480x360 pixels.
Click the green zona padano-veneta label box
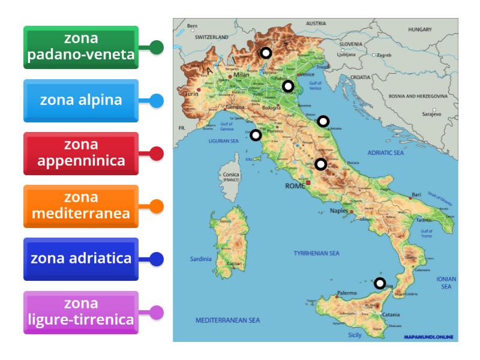[81, 47]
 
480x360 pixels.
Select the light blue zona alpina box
[81, 100]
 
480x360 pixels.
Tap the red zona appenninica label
[81, 153]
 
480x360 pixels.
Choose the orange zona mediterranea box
[81, 206]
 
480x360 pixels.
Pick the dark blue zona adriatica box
[81, 259]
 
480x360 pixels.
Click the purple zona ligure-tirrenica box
[81, 312]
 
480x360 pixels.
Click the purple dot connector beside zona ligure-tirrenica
[156, 312]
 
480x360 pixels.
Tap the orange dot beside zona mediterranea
[156, 206]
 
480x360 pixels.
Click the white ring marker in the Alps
[265, 53]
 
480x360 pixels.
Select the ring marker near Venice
[288, 86]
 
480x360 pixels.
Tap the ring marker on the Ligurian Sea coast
[256, 135]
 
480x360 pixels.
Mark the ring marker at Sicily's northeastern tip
[380, 283]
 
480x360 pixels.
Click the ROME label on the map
[295, 187]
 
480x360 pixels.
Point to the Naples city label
[338, 212]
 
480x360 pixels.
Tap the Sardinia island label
[202, 259]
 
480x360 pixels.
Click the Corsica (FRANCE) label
[230, 177]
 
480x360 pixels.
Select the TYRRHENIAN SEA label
[316, 253]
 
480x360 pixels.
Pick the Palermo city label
[347, 293]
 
